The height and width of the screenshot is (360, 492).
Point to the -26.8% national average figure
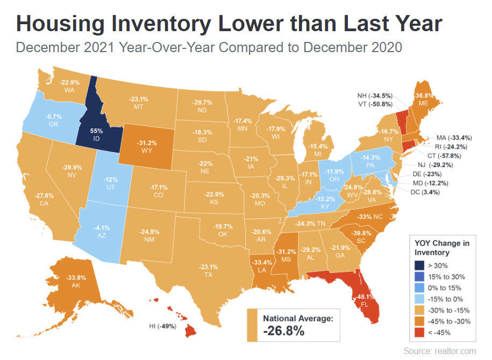[284, 330]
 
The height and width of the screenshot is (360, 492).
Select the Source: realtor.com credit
[439, 351]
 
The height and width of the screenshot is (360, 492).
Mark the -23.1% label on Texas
[209, 267]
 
